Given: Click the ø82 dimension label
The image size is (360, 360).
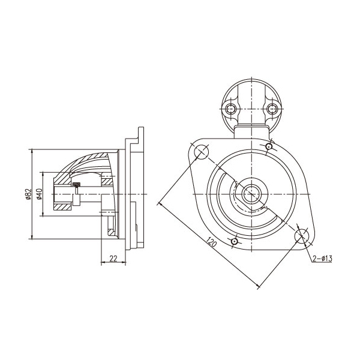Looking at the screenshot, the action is tap(28, 194).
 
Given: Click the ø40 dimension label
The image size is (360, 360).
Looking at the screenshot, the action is tap(39, 194).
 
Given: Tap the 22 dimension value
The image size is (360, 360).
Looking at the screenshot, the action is tap(113, 259).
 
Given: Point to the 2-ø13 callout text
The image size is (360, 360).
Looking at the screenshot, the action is tap(322, 259).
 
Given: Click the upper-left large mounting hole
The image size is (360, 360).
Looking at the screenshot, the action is tap(202, 152).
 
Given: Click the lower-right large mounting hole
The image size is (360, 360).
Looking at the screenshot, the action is tap(302, 236).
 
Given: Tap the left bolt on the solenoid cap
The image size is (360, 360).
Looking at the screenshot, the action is tap(231, 109).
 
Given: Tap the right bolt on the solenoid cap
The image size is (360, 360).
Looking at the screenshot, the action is tap(272, 109).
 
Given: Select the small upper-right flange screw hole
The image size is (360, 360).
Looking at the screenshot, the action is tap(269, 146).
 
